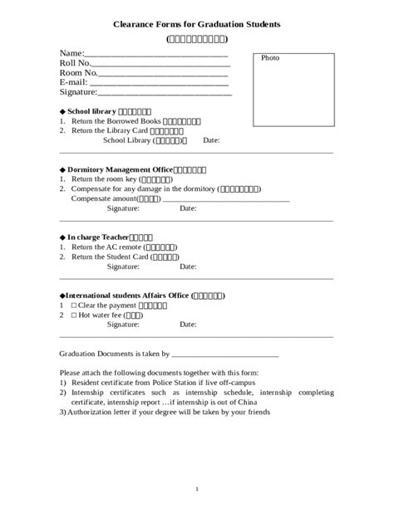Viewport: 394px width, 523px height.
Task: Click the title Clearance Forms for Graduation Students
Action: pyautogui.click(x=197, y=25)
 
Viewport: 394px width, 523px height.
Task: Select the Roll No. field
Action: pyautogui.click(x=158, y=65)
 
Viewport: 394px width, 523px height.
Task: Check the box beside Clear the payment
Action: pyautogui.click(x=74, y=305)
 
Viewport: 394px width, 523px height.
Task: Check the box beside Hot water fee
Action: pyautogui.click(x=74, y=315)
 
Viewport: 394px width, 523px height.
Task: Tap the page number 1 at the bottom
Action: pyautogui.click(x=197, y=489)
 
